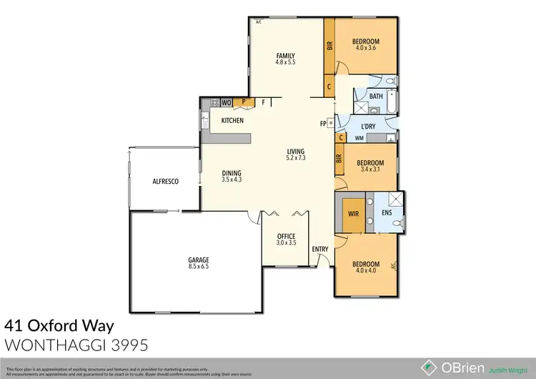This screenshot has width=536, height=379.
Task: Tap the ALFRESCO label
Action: click(165, 182)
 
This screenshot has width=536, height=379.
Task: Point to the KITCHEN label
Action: click(233, 120)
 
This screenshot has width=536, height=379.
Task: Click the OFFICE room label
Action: click(286, 237)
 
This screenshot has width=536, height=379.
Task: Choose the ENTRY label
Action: click(319, 249)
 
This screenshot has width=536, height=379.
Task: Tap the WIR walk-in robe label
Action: click(352, 213)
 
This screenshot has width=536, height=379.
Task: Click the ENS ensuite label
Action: click(387, 213)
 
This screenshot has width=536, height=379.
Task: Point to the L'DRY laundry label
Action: click(369, 127)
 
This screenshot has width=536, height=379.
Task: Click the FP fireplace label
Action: click(324, 123)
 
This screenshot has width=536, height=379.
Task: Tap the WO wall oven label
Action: click(226, 103)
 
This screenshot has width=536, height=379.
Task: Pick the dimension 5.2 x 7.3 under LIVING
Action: click(296, 158)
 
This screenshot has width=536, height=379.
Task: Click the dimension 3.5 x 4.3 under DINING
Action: click(231, 180)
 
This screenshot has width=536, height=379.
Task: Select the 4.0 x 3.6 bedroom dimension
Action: click(365, 49)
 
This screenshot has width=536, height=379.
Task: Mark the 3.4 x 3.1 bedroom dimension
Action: click(369, 169)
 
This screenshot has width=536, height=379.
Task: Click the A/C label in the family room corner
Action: click(258, 22)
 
